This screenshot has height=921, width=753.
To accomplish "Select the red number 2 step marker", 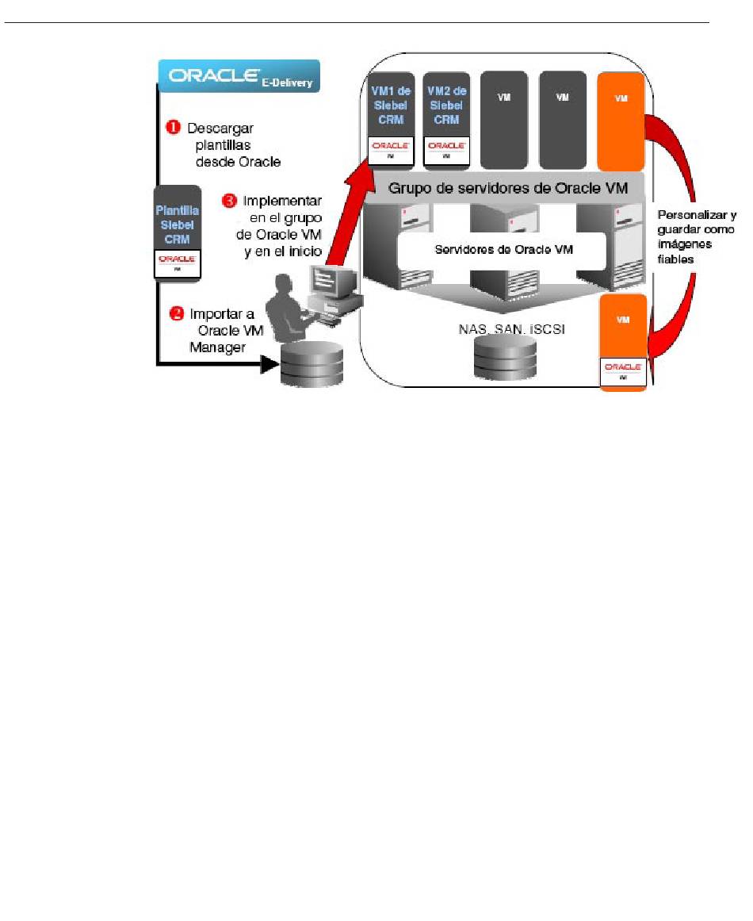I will point(178,313).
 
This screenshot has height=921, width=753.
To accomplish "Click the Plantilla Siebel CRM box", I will point(177,232).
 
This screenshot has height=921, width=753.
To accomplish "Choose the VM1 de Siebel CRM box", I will point(390,120).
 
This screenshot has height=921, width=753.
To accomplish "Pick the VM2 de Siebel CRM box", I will point(446,120).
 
